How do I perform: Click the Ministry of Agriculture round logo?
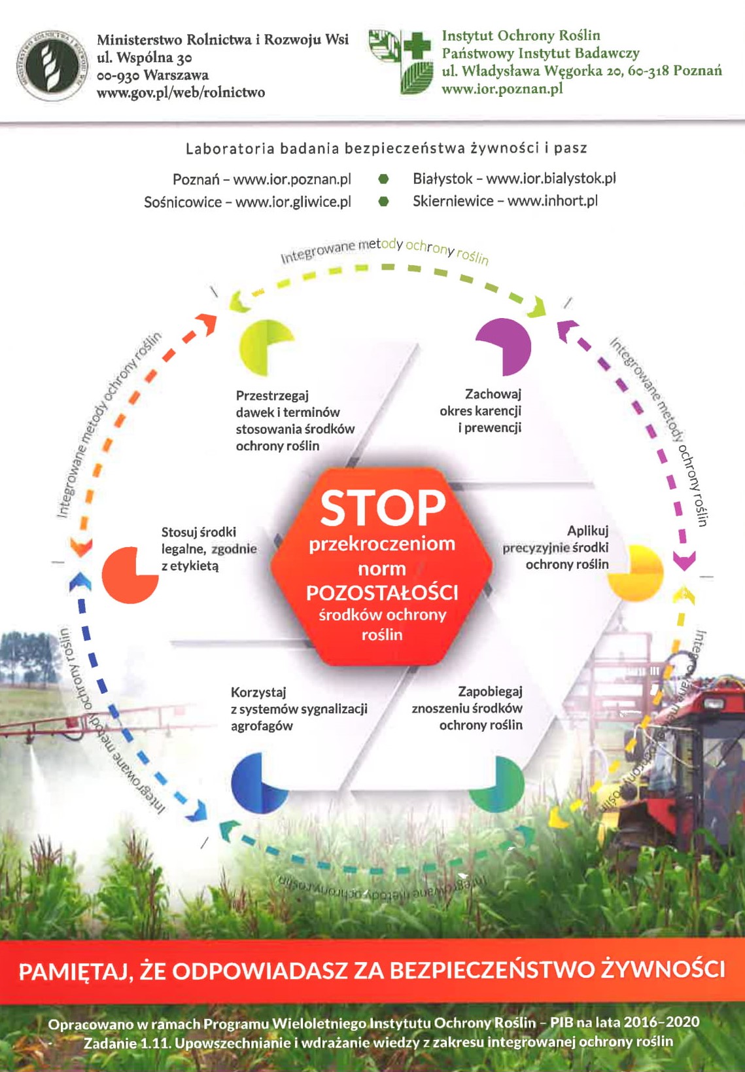[x=52, y=65]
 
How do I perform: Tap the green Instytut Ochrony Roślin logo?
[x=400, y=62]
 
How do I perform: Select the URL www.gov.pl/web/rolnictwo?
[x=181, y=92]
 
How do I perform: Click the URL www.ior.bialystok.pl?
[x=551, y=178]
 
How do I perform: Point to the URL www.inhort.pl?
[x=552, y=201]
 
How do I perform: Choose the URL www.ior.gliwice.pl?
[x=293, y=202]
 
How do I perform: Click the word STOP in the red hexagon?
[x=383, y=509]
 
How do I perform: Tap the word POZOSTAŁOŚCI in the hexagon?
[x=382, y=592]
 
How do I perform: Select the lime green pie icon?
[x=265, y=348]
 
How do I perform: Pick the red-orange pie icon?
[x=130, y=574]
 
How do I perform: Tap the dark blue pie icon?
[x=257, y=782]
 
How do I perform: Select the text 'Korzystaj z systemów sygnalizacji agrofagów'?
[x=298, y=709]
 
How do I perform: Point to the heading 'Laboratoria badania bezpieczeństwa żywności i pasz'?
[x=386, y=149]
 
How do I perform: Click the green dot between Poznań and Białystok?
[x=384, y=179]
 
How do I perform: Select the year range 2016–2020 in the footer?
[x=661, y=1022]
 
